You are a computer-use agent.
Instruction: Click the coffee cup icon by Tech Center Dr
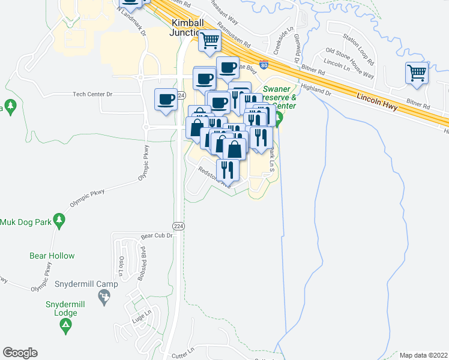(166, 100)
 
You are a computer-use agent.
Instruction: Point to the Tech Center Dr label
(92, 94)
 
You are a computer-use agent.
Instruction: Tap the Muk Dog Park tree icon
(59, 221)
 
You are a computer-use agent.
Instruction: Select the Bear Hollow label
(52, 256)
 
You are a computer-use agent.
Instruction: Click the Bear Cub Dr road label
(157, 236)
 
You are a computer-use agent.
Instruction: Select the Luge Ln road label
(141, 314)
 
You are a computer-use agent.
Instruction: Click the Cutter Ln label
(184, 349)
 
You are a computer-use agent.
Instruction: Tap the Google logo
(20, 353)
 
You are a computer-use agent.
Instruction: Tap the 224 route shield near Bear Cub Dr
(178, 225)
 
